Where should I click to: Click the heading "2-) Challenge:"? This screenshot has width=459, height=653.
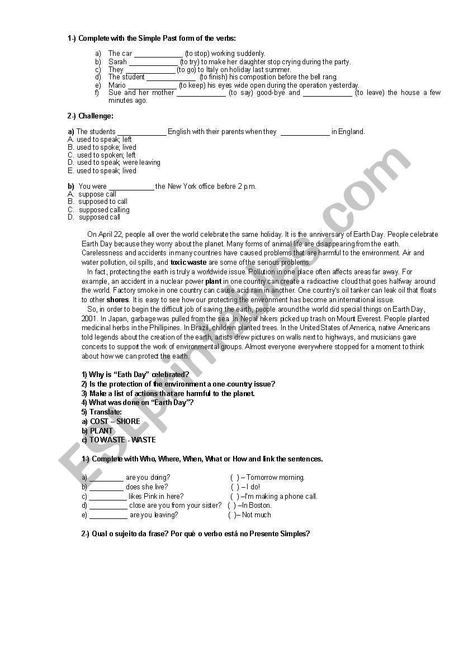90,116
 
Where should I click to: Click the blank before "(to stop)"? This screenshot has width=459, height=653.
158,54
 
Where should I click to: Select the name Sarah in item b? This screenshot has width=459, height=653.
117,62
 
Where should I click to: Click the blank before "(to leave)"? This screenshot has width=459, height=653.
328,93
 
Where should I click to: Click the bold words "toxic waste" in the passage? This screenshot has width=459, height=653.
188,263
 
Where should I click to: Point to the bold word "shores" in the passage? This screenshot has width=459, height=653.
117,300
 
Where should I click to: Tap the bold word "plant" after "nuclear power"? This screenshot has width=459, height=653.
214,282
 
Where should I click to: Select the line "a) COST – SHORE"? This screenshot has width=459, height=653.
111,422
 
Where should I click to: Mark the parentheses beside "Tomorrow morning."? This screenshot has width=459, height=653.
235,478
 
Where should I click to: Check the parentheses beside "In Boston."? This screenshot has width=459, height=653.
231,506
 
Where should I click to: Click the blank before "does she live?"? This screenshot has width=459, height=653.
106,487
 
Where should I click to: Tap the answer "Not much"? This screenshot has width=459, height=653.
256,515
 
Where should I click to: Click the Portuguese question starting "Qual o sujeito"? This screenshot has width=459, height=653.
195,534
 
